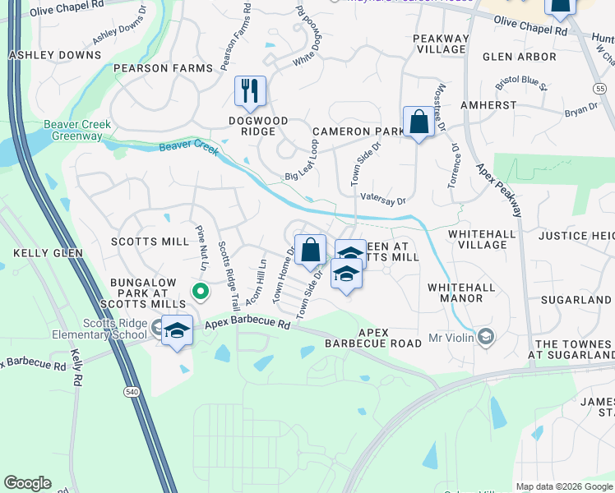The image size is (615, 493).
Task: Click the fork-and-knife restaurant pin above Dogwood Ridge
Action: click(250, 90)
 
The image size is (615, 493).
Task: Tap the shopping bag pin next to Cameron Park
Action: click(418, 122)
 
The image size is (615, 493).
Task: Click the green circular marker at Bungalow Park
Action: click(200, 291)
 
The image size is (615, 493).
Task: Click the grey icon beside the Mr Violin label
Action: click(486, 337)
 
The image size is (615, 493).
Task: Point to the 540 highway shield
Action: click(132, 393)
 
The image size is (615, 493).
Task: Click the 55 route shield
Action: click(608, 87)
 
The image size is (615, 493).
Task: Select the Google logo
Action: click(27, 483)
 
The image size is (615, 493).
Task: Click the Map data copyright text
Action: click(563, 486)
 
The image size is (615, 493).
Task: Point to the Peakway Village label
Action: click(441, 44)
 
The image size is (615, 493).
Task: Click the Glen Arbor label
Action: click(520, 57)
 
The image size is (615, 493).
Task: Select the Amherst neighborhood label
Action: click(488, 105)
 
